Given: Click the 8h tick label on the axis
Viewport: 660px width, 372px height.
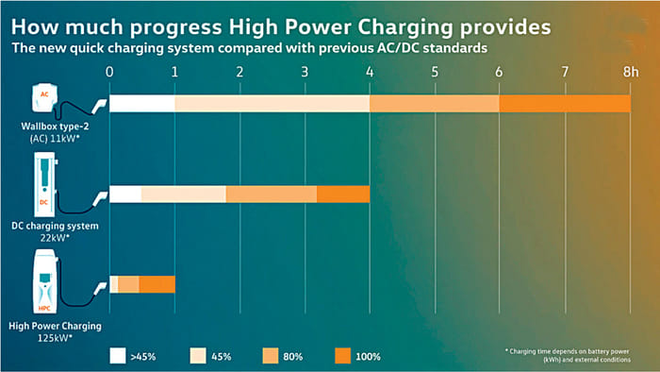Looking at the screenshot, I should [x=628, y=71].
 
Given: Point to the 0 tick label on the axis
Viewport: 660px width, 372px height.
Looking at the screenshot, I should [x=110, y=71].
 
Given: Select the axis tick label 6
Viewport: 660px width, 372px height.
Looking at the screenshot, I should [x=499, y=71].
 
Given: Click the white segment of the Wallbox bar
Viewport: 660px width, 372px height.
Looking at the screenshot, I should [x=142, y=104].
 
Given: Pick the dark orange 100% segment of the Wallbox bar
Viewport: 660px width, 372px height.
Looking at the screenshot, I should [x=564, y=104].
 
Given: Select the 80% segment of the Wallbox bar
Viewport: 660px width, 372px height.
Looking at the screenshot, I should [x=434, y=104].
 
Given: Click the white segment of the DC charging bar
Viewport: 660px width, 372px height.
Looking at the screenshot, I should [x=125, y=194].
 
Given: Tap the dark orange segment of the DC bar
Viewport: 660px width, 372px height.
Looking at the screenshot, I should [x=343, y=194].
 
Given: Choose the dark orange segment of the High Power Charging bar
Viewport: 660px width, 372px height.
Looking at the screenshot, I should [x=157, y=284].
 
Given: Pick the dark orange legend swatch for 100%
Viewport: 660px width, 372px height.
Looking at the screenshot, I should [x=342, y=355].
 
